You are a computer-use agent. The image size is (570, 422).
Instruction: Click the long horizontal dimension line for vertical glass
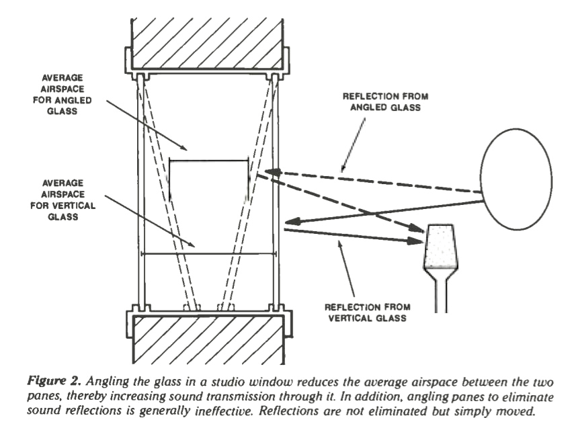coord(208,253)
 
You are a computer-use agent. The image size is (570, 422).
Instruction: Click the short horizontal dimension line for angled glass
coord(208,160)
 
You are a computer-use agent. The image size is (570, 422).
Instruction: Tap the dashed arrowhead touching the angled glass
coord(270,171)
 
